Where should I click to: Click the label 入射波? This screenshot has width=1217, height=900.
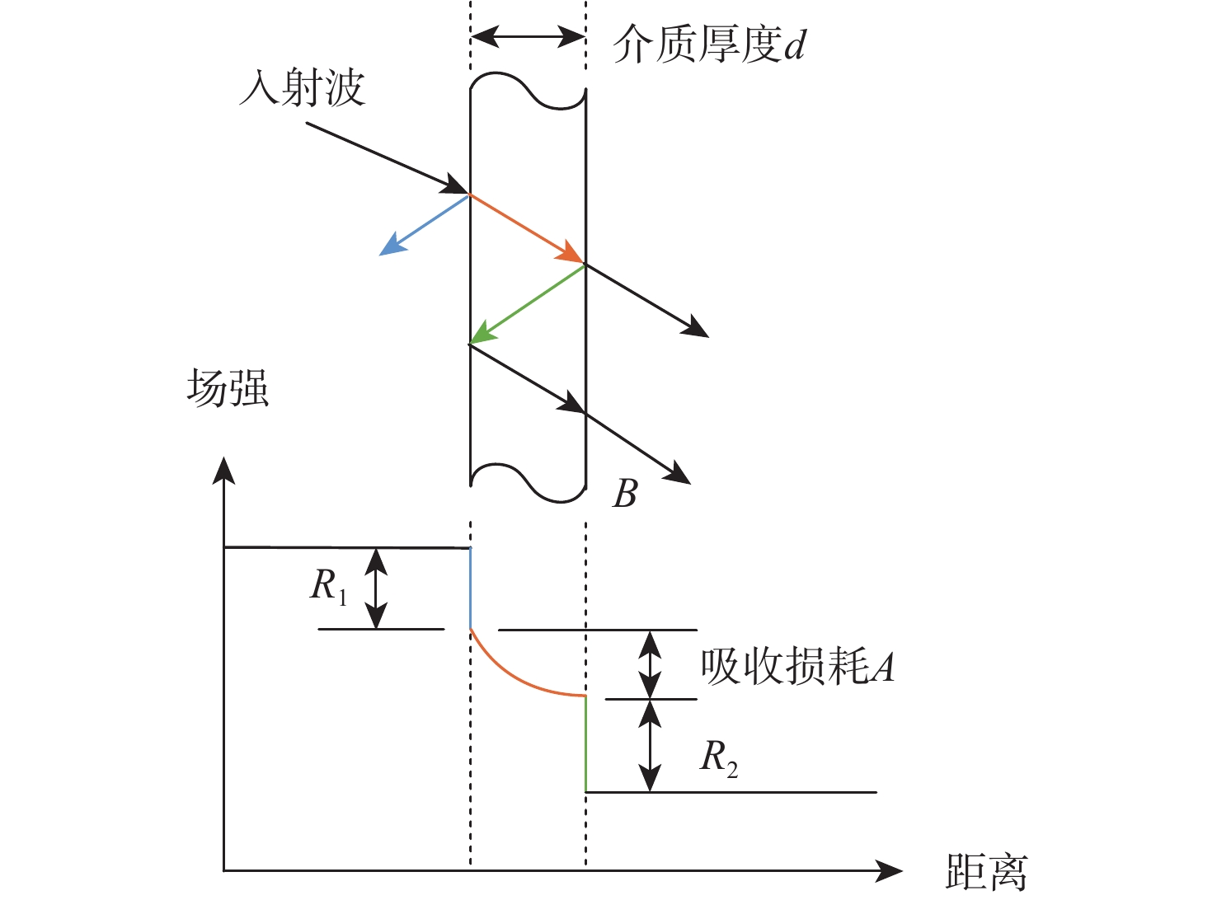pyautogui.click(x=302, y=88)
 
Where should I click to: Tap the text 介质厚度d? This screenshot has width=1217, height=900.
pyautogui.click(x=709, y=45)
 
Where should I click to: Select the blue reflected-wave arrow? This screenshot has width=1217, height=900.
pyautogui.click(x=425, y=224)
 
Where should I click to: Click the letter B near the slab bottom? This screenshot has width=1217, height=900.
pyautogui.click(x=625, y=494)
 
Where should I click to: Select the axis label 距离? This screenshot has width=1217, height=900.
pyautogui.click(x=986, y=870)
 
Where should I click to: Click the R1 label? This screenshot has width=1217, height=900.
pyautogui.click(x=328, y=587)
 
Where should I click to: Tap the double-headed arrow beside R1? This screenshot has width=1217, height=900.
pyautogui.click(x=377, y=588)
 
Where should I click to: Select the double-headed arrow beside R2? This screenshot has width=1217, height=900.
pyautogui.click(x=651, y=745)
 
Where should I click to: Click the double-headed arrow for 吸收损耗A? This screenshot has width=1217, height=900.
pyautogui.click(x=651, y=664)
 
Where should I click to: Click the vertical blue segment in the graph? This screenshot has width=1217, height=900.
pyautogui.click(x=470, y=588)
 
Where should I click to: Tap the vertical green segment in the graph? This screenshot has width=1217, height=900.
pyautogui.click(x=585, y=744)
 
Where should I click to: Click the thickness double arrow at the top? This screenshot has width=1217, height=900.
pyautogui.click(x=528, y=36)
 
